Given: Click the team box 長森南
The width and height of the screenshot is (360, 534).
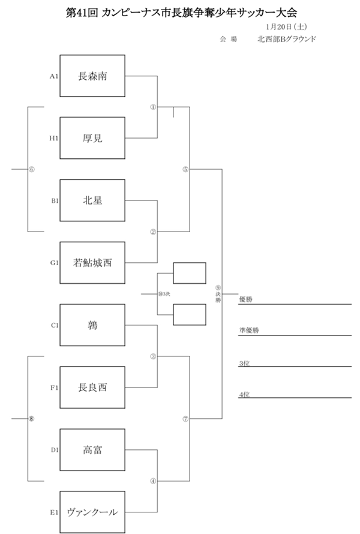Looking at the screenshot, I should (92, 76).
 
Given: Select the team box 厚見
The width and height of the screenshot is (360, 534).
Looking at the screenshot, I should (92, 138).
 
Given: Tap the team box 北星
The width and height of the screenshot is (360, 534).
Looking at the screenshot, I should (92, 200).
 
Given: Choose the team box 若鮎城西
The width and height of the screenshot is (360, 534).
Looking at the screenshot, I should (92, 263).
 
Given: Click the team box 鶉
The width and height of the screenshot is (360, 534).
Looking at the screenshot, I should (92, 325).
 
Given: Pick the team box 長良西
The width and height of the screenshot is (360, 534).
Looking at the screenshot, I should (92, 388).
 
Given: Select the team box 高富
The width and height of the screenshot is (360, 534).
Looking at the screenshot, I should (92, 449).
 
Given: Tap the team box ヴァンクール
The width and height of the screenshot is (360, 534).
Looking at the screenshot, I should (92, 512).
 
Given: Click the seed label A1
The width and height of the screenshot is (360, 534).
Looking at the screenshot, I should (53, 76).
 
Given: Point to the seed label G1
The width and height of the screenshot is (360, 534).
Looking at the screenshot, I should (53, 263).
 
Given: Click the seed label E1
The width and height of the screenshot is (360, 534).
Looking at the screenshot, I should (53, 512).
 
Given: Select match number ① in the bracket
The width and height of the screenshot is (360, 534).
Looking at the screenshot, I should (152, 107).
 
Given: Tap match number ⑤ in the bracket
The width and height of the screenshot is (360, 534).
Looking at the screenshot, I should (185, 170).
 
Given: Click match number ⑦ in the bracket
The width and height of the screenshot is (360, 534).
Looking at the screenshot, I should (185, 419).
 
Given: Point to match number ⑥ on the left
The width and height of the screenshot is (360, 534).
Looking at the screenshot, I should (31, 169).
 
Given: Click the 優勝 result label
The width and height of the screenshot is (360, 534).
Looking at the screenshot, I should (245, 299).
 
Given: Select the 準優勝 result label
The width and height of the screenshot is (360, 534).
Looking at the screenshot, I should (248, 331).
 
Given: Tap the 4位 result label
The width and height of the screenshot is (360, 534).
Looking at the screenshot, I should (244, 394).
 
